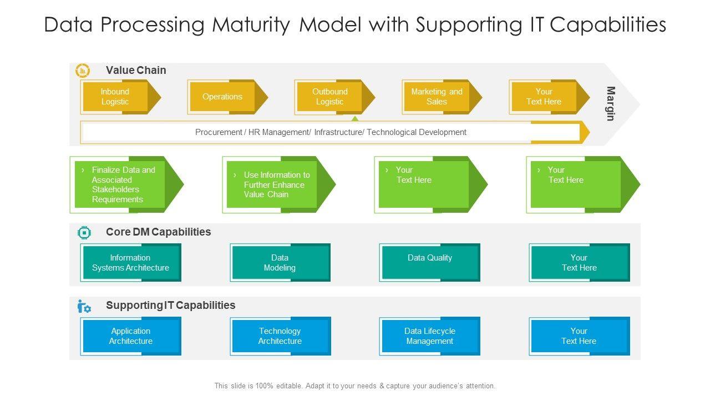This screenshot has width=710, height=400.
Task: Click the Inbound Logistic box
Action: coord(115,97)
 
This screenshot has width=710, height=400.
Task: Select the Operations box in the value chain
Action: coord(222,97)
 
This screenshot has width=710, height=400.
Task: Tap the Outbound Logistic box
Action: coord(330,97)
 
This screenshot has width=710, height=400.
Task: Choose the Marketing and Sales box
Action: coord(437,97)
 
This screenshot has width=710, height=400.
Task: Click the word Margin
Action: coord(610,103)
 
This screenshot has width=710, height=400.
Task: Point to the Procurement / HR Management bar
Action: coord(331,132)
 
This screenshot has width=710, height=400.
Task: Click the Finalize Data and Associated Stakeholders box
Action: coord(123,184)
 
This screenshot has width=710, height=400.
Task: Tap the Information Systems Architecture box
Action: coord(131,263)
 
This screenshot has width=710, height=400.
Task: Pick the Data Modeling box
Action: coord(280,263)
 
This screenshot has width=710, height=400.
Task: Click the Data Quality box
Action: coord(430,263)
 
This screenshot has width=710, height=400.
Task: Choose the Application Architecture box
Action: coord(131,336)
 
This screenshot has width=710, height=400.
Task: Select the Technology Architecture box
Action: coord(280,336)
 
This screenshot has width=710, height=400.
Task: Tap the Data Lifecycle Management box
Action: coord(430,336)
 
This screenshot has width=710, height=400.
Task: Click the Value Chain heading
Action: coord(136,70)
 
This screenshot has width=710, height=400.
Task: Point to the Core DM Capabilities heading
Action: coord(158,232)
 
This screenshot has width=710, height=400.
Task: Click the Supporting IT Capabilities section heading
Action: coord(170,305)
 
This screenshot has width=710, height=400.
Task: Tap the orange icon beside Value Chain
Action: coord(83,71)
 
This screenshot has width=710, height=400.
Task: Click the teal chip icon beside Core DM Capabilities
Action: coord(84,232)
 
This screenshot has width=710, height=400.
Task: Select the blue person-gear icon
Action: coord(84,306)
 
